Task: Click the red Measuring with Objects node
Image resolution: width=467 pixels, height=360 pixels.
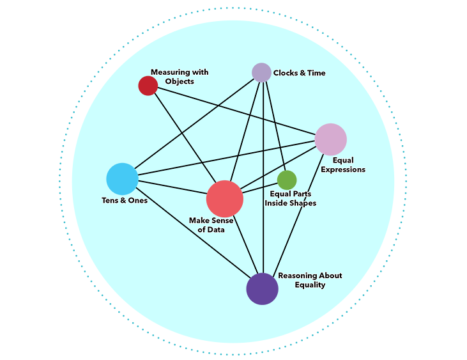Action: click(148, 86)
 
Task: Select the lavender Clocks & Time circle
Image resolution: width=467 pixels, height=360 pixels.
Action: click(261, 72)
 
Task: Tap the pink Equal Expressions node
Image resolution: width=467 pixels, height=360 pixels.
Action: click(330, 139)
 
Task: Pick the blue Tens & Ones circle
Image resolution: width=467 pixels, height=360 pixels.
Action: click(122, 179)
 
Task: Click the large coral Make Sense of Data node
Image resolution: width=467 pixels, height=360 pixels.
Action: click(225, 198)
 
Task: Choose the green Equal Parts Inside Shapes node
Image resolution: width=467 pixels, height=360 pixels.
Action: click(287, 180)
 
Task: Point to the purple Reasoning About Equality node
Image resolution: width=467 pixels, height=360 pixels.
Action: click(262, 288)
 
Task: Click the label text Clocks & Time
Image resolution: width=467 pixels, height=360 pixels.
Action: click(299, 73)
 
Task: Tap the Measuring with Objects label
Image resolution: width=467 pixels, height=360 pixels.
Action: click(179, 77)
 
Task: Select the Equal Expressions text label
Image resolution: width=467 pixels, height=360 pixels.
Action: click(343, 165)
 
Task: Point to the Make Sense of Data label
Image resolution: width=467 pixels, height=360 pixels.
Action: click(211, 225)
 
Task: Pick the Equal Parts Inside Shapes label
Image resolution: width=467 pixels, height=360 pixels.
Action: click(290, 198)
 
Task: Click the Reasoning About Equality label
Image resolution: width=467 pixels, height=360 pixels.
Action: click(310, 280)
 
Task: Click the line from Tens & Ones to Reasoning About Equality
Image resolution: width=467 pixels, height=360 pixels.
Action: click(192, 234)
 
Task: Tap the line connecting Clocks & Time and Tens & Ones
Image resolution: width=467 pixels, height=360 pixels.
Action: click(192, 125)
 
